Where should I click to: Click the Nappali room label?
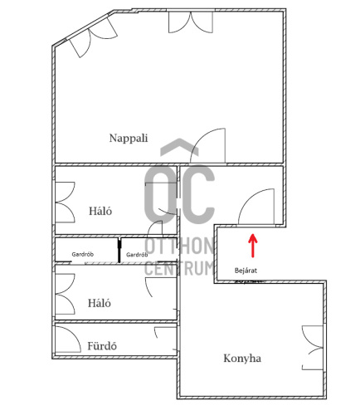(x=129, y=138)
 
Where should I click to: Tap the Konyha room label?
(x=242, y=359)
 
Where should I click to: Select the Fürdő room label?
(x=102, y=346)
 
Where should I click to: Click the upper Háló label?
(x=100, y=211)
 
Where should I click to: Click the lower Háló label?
(x=100, y=303)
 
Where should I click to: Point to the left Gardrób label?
(x=83, y=254)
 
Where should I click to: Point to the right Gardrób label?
(x=137, y=255)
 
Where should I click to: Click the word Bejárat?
(x=246, y=271)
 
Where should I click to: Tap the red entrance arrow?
(x=252, y=246)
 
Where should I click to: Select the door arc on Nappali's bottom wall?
(x=201, y=138)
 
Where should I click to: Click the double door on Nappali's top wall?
(x=191, y=22)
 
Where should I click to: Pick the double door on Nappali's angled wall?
(x=93, y=39)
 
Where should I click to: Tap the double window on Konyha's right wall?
(x=313, y=348)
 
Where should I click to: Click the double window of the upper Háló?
(x=66, y=203)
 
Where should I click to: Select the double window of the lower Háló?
(x=66, y=294)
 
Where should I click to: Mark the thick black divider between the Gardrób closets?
(x=119, y=250)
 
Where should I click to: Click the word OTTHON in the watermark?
(x=179, y=247)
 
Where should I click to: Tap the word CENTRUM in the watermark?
(x=179, y=268)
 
